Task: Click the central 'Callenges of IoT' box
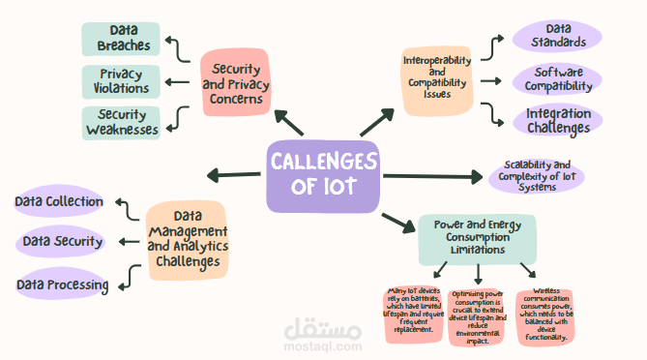coord(325,176)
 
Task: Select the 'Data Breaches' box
coord(124,39)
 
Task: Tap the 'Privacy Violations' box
coord(124,81)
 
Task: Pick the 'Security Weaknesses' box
coord(122,123)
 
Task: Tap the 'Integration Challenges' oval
coord(558,120)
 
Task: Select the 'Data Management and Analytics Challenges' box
coord(188,239)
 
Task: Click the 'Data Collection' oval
coord(59,201)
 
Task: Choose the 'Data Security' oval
coord(62,241)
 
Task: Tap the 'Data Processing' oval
coord(60,284)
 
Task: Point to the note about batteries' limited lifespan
coord(414,313)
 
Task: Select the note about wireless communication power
coord(544,315)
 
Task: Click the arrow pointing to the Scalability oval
coord(431,176)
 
